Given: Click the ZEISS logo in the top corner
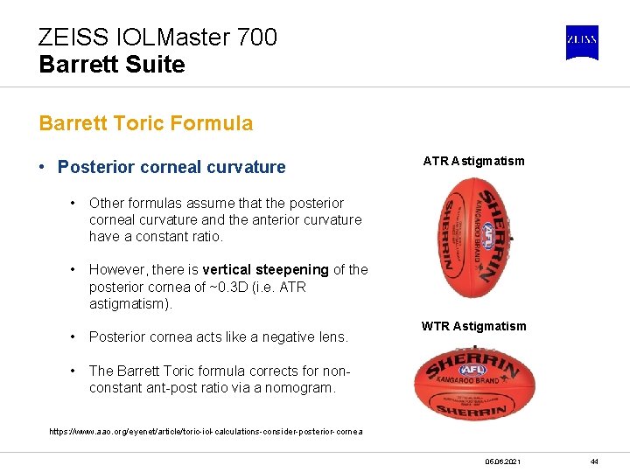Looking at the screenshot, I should coord(582,41).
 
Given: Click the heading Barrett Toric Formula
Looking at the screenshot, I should coord(145,123).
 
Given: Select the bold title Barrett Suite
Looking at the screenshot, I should coord(112,65).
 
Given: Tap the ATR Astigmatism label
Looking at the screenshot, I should coord(473,161).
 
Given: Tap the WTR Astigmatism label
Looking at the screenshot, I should coord(473,326).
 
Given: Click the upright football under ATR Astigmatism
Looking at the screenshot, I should coord(473,238).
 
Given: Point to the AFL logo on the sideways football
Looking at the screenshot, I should coord(472,370).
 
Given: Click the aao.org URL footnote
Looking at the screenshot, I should coord(206,432).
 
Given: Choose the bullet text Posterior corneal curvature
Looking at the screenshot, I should coord(171,167).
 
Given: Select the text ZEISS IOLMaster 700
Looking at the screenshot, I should coord(157,38).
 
